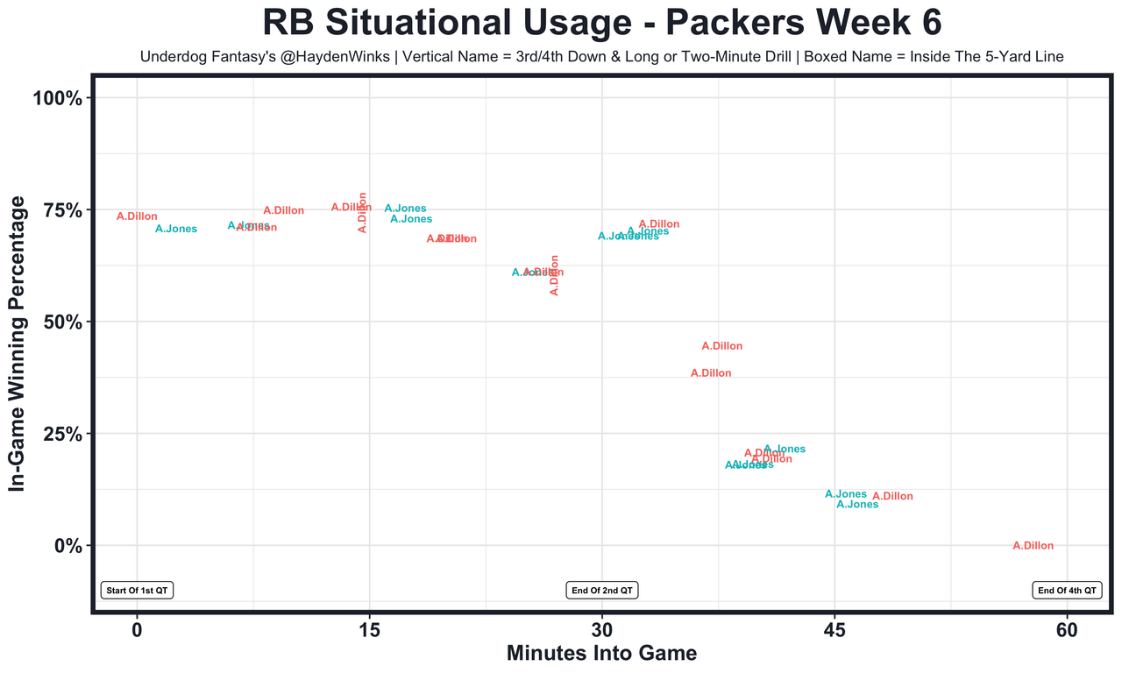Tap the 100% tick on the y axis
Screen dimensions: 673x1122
(x=58, y=98)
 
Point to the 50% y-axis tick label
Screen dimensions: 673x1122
(x=63, y=322)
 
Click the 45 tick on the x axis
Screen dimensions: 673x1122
(x=834, y=631)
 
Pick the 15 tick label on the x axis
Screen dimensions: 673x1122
(x=369, y=631)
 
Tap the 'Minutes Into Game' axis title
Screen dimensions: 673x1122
(x=601, y=654)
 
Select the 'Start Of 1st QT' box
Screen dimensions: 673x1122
(x=138, y=591)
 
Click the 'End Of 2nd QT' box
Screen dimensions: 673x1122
(x=602, y=591)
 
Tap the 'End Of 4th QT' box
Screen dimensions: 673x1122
(x=1067, y=591)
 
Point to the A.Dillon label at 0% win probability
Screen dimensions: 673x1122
(x=1033, y=546)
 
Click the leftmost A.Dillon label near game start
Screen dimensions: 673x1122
(x=137, y=216)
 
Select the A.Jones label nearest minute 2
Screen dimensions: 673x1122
(x=176, y=230)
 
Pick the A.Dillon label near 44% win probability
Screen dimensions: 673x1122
(x=722, y=346)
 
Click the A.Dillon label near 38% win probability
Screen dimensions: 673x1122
(x=711, y=373)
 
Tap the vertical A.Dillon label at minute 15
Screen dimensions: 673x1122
(x=363, y=212)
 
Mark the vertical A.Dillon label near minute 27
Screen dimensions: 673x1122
(x=554, y=275)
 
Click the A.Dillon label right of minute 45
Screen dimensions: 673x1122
(x=892, y=497)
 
